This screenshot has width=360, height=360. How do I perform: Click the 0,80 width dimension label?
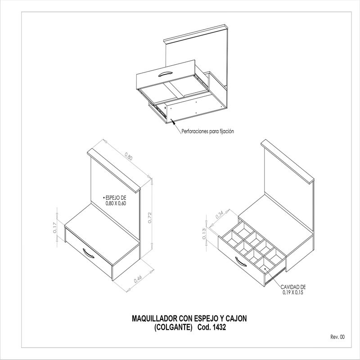tap(129, 156)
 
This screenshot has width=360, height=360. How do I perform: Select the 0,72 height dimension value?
tap(150, 218)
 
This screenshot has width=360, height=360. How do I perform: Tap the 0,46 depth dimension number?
tap(138, 279)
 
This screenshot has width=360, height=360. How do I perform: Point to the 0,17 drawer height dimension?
tap(54, 228)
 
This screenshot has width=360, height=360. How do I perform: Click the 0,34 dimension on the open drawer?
tap(220, 215)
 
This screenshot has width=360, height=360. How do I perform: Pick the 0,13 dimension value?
tap(204, 234)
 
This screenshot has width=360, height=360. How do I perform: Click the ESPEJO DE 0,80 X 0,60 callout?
tap(116, 200)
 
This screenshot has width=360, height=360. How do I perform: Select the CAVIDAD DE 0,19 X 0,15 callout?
tap(293, 289)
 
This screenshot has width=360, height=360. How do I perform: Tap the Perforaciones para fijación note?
tap(207, 131)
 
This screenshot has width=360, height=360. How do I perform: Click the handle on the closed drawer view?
tap(88, 253)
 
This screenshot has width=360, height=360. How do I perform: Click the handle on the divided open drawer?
tap(241, 262)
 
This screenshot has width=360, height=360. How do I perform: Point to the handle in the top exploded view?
tap(165, 73)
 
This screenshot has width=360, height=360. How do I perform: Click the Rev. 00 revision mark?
tap(337, 337)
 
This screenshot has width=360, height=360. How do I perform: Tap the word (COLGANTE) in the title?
tap(173, 327)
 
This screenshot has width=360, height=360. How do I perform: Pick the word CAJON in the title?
tap(236, 319)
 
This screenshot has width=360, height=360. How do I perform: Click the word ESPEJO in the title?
tap(206, 319)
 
